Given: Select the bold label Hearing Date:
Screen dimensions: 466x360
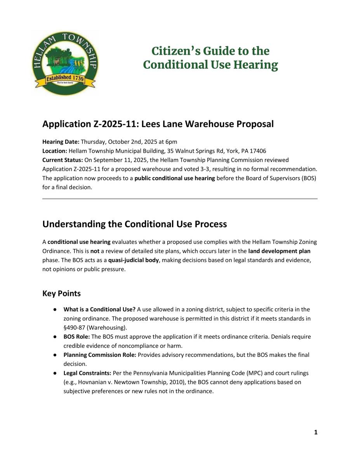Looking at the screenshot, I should click(61, 142).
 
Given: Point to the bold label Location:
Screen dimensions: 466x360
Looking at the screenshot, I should click(55, 151).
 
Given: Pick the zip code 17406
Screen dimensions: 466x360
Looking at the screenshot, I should click(257, 151).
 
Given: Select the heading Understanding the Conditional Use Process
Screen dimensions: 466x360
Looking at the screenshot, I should click(134, 224).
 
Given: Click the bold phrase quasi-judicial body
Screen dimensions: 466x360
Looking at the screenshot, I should click(134, 260).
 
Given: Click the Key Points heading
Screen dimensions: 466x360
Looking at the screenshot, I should click(61, 294).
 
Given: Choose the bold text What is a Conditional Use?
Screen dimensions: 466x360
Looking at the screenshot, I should click(99, 310).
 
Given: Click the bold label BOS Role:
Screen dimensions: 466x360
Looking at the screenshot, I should click(77, 337).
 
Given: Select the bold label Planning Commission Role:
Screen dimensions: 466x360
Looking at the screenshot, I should click(100, 355).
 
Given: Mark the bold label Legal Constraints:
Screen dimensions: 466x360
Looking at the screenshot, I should click(87, 373).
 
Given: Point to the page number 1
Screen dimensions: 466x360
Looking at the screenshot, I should click(316, 432).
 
